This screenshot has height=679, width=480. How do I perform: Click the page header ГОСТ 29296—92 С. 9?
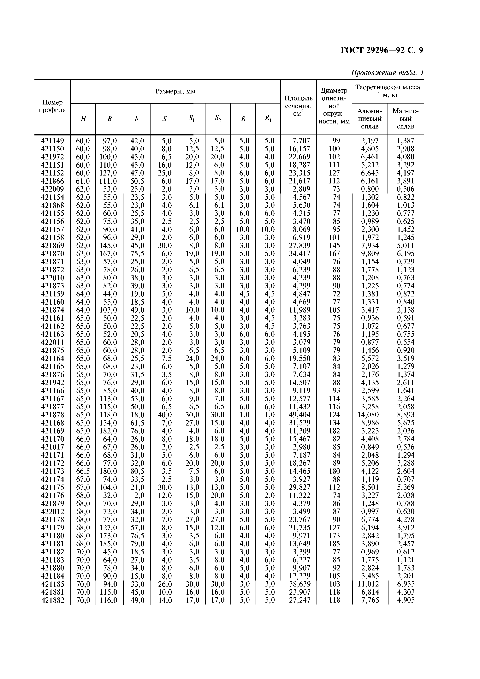(382, 51)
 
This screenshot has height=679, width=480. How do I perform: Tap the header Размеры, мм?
(175, 91)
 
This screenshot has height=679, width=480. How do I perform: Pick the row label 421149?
(52, 141)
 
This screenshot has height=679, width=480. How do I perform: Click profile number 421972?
(52, 157)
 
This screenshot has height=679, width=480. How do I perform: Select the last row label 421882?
(52, 600)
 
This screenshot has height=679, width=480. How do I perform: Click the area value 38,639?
(299, 584)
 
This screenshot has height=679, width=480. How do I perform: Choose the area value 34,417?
(299, 253)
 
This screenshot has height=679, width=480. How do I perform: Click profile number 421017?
(52, 447)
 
